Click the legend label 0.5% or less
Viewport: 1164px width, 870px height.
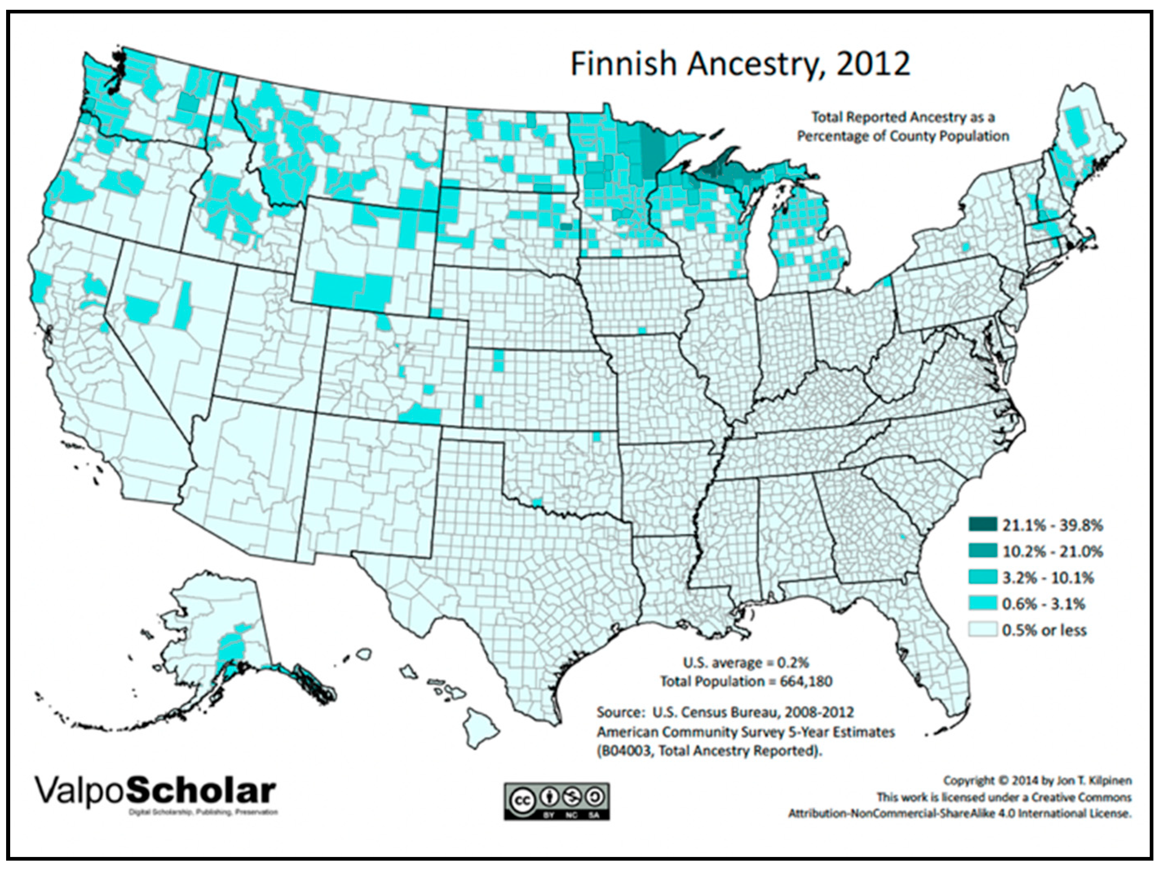tap(1043, 630)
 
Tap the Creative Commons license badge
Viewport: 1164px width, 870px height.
tap(557, 801)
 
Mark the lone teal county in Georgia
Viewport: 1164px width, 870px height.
tap(903, 537)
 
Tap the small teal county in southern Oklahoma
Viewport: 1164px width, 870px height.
tap(537, 503)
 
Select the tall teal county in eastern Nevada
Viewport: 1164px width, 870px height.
tap(183, 305)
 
